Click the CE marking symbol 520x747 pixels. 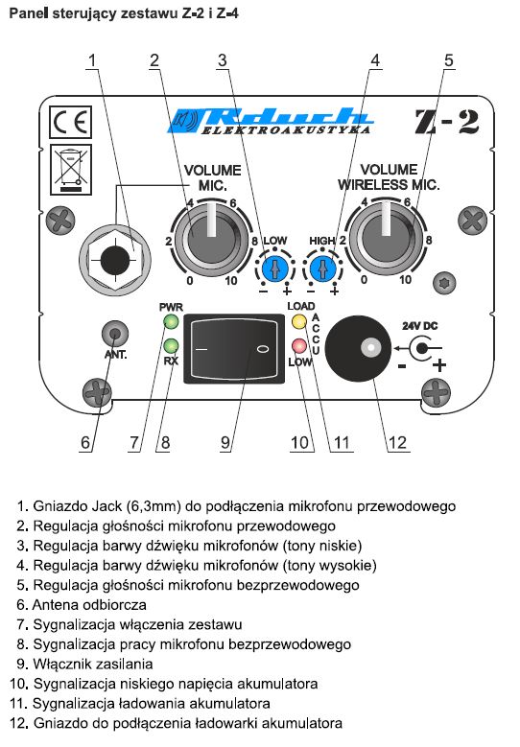[71, 123]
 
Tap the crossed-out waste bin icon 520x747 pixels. [71, 170]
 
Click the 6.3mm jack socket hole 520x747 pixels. [115, 260]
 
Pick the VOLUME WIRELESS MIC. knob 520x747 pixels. [385, 238]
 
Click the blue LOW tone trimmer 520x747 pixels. [274, 269]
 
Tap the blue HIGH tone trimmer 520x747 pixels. [322, 269]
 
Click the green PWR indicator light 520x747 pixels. [171, 321]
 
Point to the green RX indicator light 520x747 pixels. [171, 345]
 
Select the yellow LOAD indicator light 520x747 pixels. [299, 321]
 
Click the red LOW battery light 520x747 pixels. [299, 345]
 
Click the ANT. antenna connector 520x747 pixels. [115, 333]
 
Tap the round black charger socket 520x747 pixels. [359, 348]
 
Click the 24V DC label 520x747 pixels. [419, 326]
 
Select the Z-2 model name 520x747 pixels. [446, 122]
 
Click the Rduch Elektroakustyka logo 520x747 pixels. [270, 121]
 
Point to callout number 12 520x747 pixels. [397, 443]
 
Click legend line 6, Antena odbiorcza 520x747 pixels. [82, 604]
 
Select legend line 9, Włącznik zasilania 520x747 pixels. [84, 664]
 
